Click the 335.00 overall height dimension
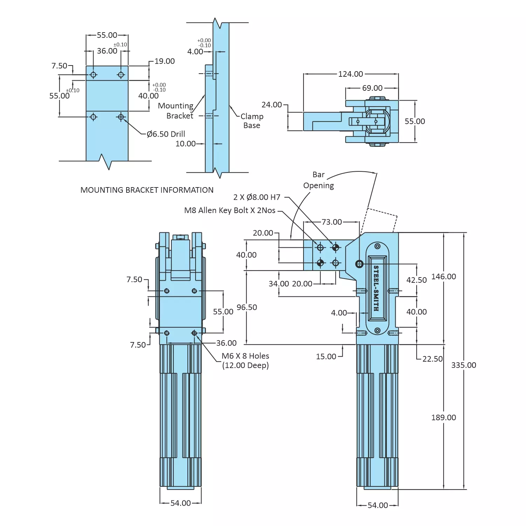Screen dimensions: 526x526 tap(463, 365)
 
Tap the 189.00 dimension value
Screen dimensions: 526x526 tap(443, 417)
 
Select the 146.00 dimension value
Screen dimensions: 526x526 tap(443, 276)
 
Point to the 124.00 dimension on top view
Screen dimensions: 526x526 tap(350, 74)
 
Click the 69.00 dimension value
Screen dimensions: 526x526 tap(372, 88)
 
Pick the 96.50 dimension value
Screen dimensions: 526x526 tap(247, 307)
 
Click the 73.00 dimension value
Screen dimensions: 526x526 tap(332, 222)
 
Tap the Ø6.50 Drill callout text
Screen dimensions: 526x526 tap(166, 134)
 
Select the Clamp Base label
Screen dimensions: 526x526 tap(252, 121)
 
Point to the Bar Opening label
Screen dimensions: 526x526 tap(319, 180)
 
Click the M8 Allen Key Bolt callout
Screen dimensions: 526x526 tap(230, 210)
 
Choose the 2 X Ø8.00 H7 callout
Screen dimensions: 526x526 tap(257, 197)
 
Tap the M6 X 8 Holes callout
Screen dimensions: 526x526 tap(245, 360)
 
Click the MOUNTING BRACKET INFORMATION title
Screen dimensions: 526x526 tap(147, 190)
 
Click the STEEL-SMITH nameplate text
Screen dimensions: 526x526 tap(376, 288)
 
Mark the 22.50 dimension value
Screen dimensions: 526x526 tap(432, 359)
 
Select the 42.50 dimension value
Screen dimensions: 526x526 tap(416, 280)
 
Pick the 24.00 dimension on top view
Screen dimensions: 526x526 tap(272, 105)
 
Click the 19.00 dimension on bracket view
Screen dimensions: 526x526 tap(164, 61)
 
